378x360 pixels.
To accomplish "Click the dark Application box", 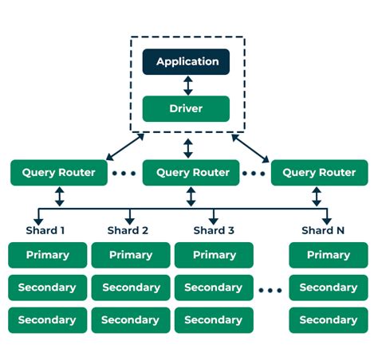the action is tap(186, 61).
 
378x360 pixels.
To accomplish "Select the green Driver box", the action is tap(186, 108).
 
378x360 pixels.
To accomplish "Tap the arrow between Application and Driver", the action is tap(188, 85).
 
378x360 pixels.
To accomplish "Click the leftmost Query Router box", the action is tap(59, 173).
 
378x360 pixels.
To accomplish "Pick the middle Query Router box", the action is tap(191, 173).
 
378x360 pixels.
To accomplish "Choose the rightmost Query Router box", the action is tap(320, 173).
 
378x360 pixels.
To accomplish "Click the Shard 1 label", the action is tap(45, 230).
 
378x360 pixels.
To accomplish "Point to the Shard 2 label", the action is tap(128, 230).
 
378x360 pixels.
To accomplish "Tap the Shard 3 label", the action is tap(214, 230).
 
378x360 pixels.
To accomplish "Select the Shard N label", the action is tap(323, 230).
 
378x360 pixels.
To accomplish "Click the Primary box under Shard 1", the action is tap(48, 255).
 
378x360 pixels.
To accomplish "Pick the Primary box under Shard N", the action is tap(329, 255).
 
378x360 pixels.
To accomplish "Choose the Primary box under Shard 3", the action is tap(214, 255).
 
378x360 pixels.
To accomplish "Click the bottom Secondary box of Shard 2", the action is tap(131, 320).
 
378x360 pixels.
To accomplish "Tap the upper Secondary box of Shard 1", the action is tap(48, 288).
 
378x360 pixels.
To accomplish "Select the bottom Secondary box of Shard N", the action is tap(329, 320).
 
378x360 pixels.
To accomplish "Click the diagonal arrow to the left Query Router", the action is tap(125, 147).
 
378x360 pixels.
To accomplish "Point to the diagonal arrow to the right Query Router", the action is tap(250, 148).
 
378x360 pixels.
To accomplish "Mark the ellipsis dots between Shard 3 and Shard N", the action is tap(270, 291).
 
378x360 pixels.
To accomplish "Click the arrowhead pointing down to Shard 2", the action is tap(130, 221).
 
